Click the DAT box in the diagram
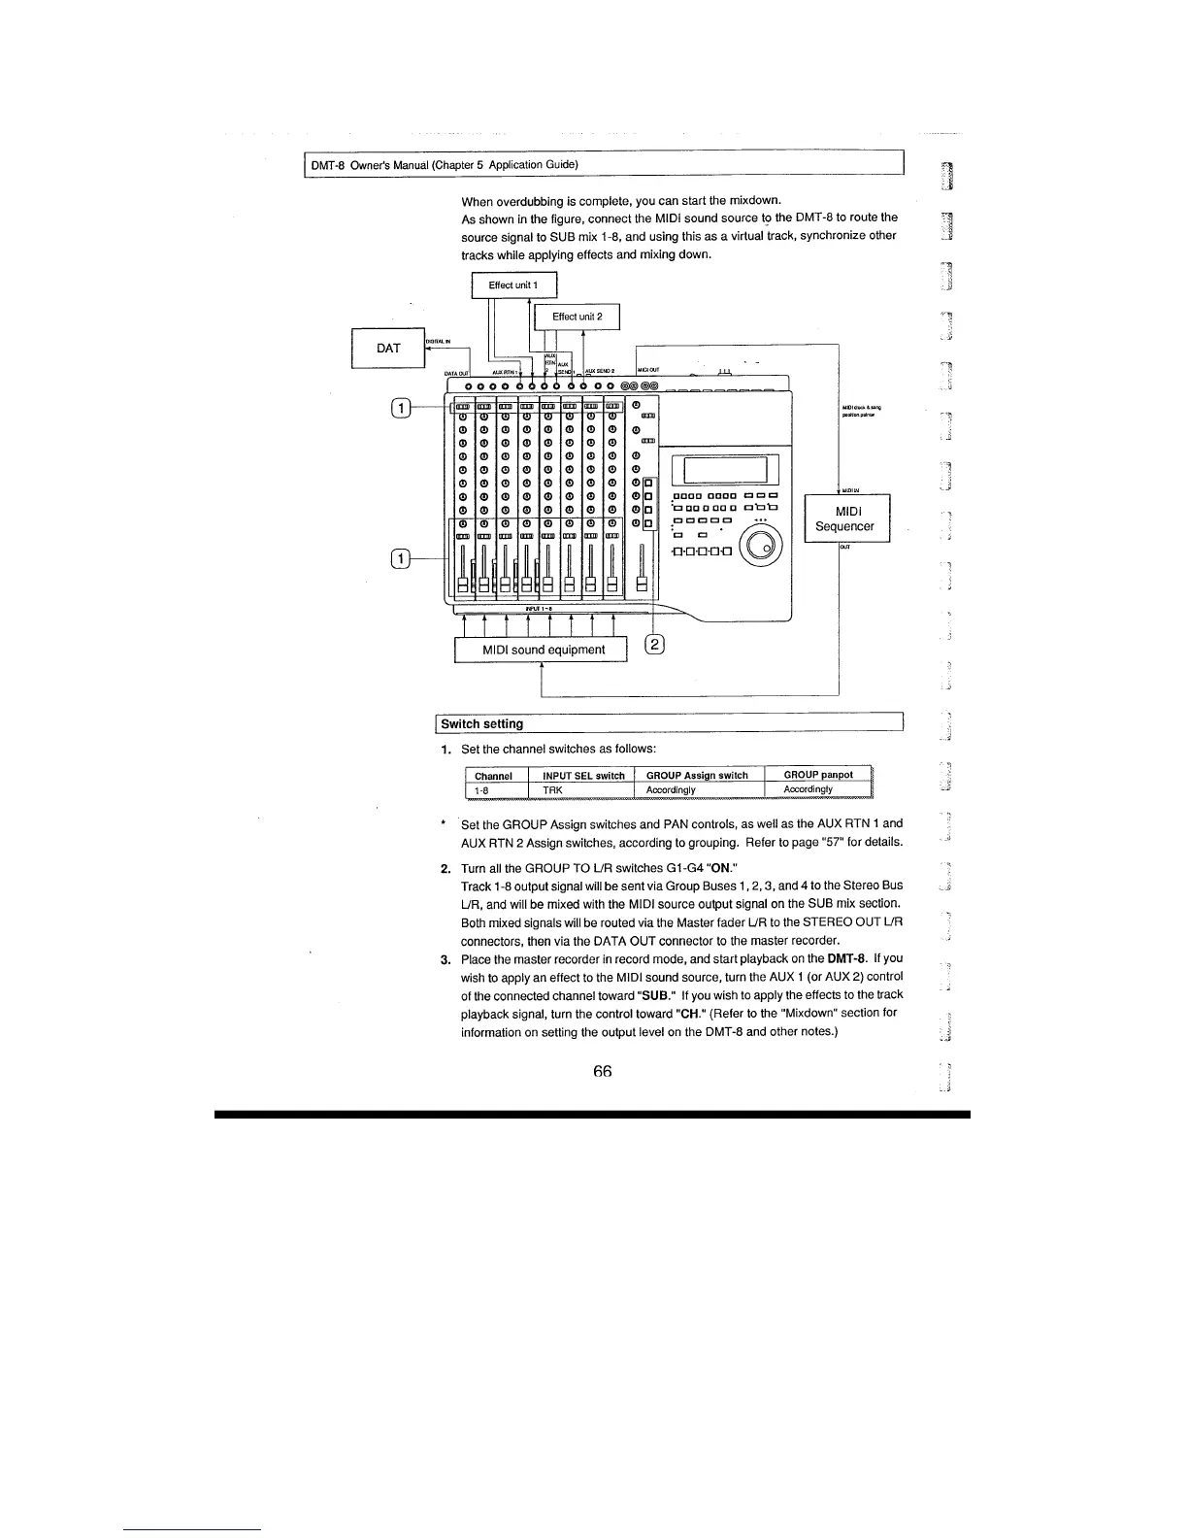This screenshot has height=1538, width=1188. [x=388, y=349]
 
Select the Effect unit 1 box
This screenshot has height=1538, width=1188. [x=513, y=285]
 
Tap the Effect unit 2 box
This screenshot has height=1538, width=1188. [x=577, y=317]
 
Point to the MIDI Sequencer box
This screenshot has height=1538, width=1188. [x=843, y=518]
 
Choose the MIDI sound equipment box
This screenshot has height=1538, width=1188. [x=544, y=650]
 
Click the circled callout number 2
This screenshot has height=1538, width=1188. [x=656, y=644]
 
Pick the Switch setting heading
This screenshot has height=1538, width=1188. [x=481, y=723]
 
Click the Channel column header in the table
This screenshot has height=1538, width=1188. [x=493, y=776]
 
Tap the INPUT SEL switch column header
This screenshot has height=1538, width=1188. [x=583, y=776]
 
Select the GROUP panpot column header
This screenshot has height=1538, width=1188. [x=818, y=775]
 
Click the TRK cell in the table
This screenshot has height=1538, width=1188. [x=552, y=790]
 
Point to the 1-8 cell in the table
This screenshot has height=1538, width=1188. [x=479, y=790]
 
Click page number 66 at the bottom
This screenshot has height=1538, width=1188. [x=602, y=1071]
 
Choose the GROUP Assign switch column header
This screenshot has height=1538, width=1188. [x=697, y=776]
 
